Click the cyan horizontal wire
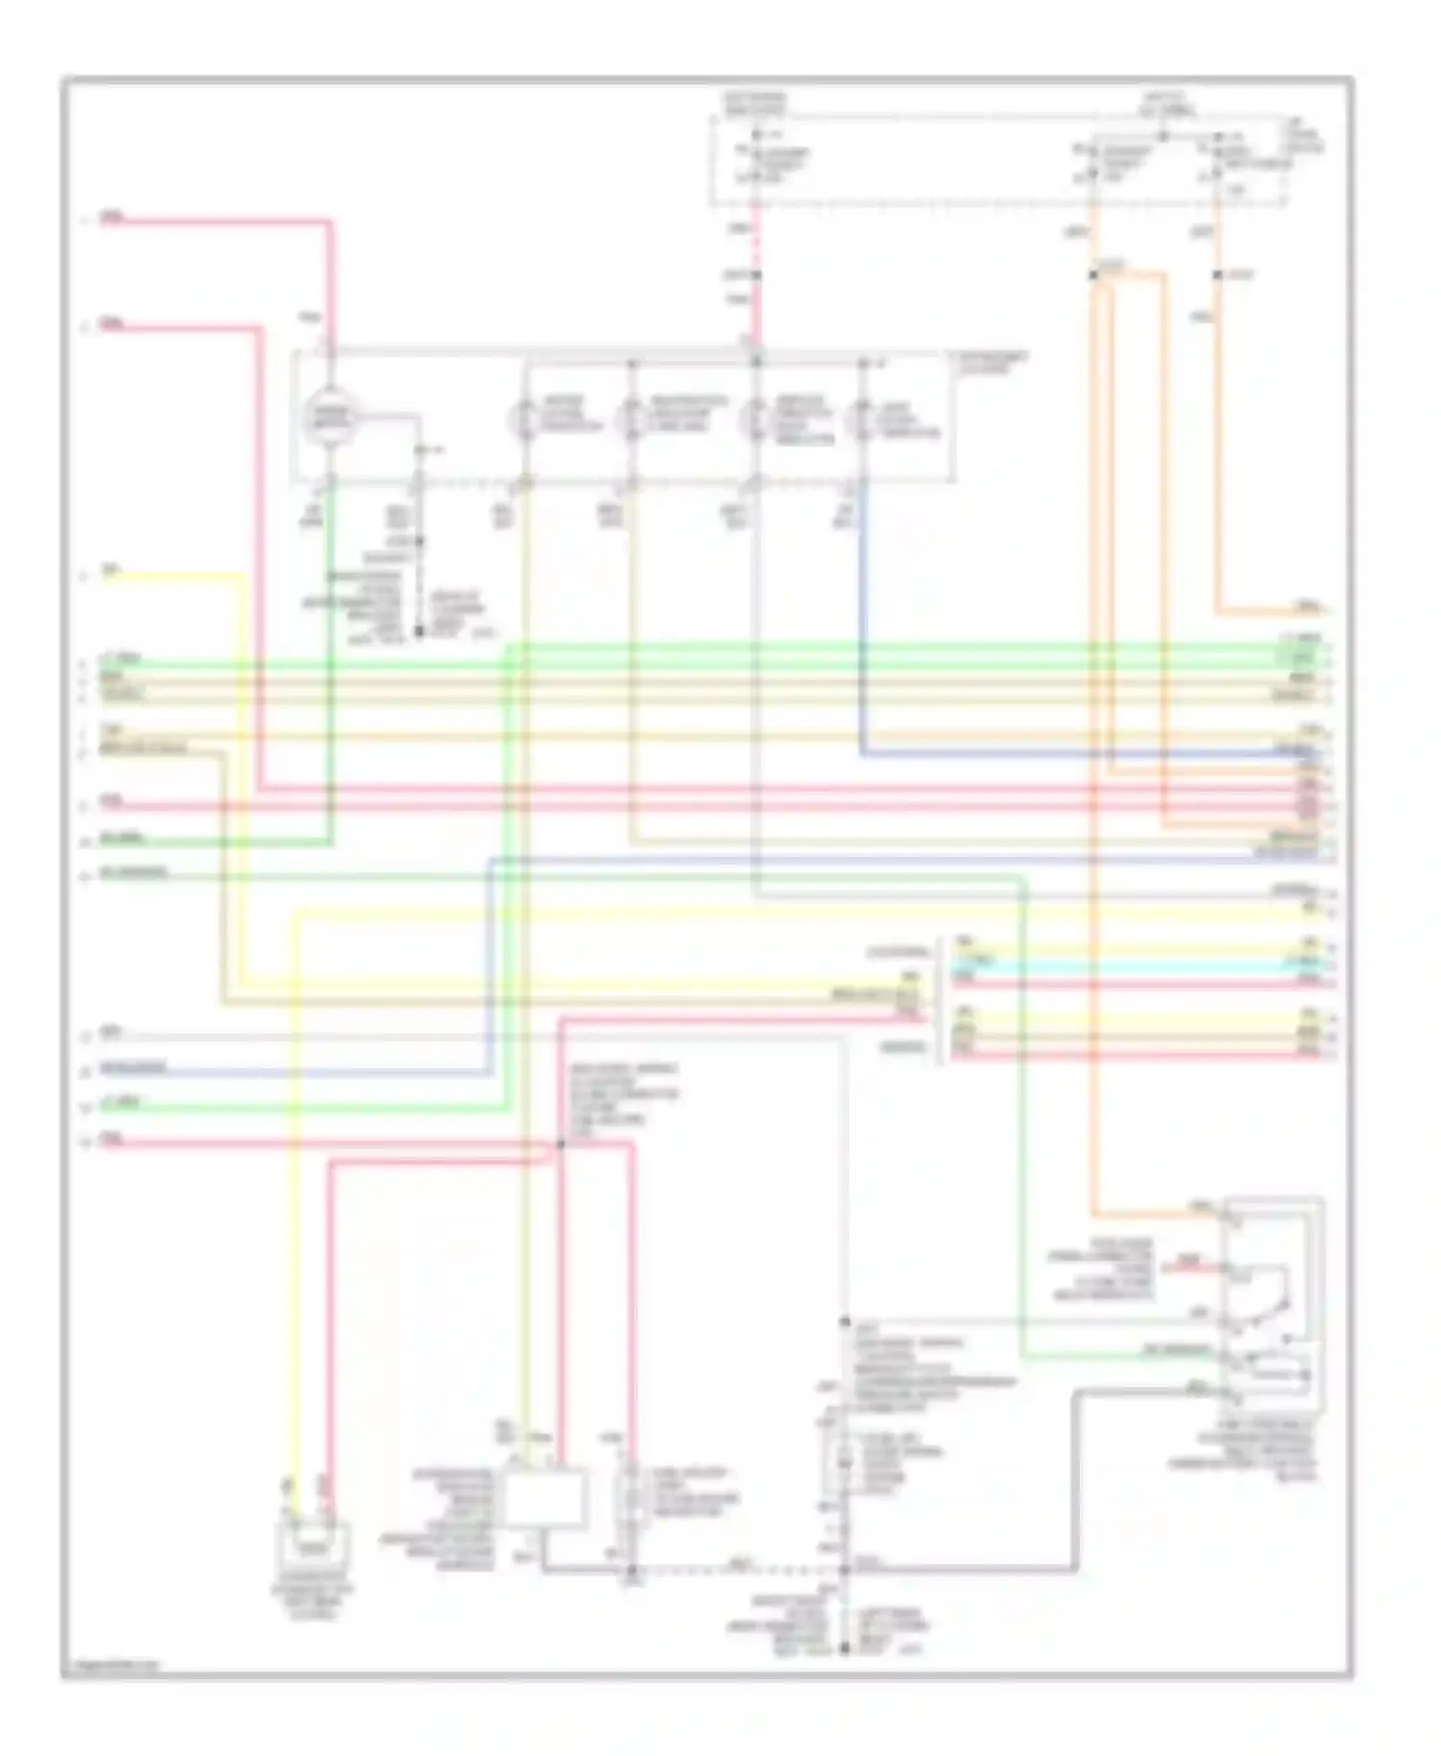pyautogui.click(x=1134, y=961)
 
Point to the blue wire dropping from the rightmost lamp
pyautogui.click(x=863, y=624)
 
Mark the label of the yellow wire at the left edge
pyautogui.click(x=111, y=573)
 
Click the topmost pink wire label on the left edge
pyautogui.click(x=112, y=219)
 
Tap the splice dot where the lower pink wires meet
pyautogui.click(x=561, y=1145)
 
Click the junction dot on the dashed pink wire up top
pyautogui.click(x=756, y=276)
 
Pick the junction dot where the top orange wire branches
pyautogui.click(x=1093, y=276)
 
